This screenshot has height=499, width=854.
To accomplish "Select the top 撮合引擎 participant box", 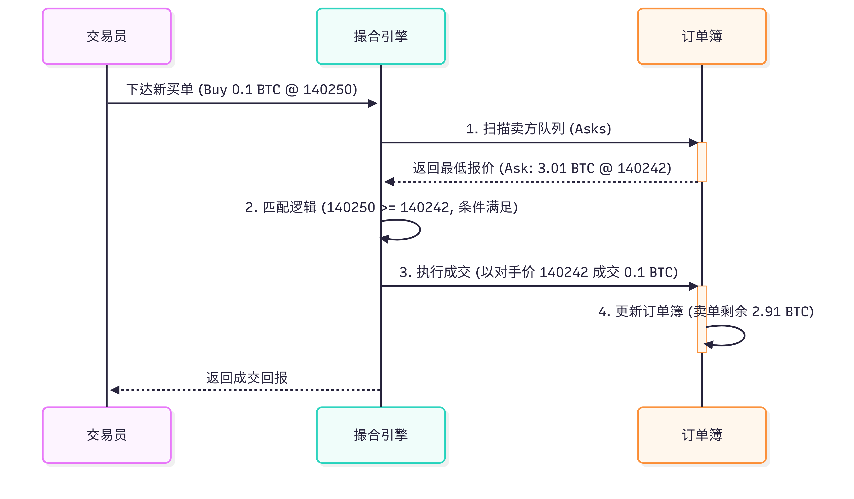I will point(380,36).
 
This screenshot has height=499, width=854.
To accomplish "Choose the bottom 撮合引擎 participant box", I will point(380,435).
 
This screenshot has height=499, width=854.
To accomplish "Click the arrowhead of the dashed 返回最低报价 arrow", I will point(389,182).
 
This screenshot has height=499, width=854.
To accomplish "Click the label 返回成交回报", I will point(247,378).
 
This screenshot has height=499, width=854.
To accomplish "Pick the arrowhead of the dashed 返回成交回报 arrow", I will point(115,390).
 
